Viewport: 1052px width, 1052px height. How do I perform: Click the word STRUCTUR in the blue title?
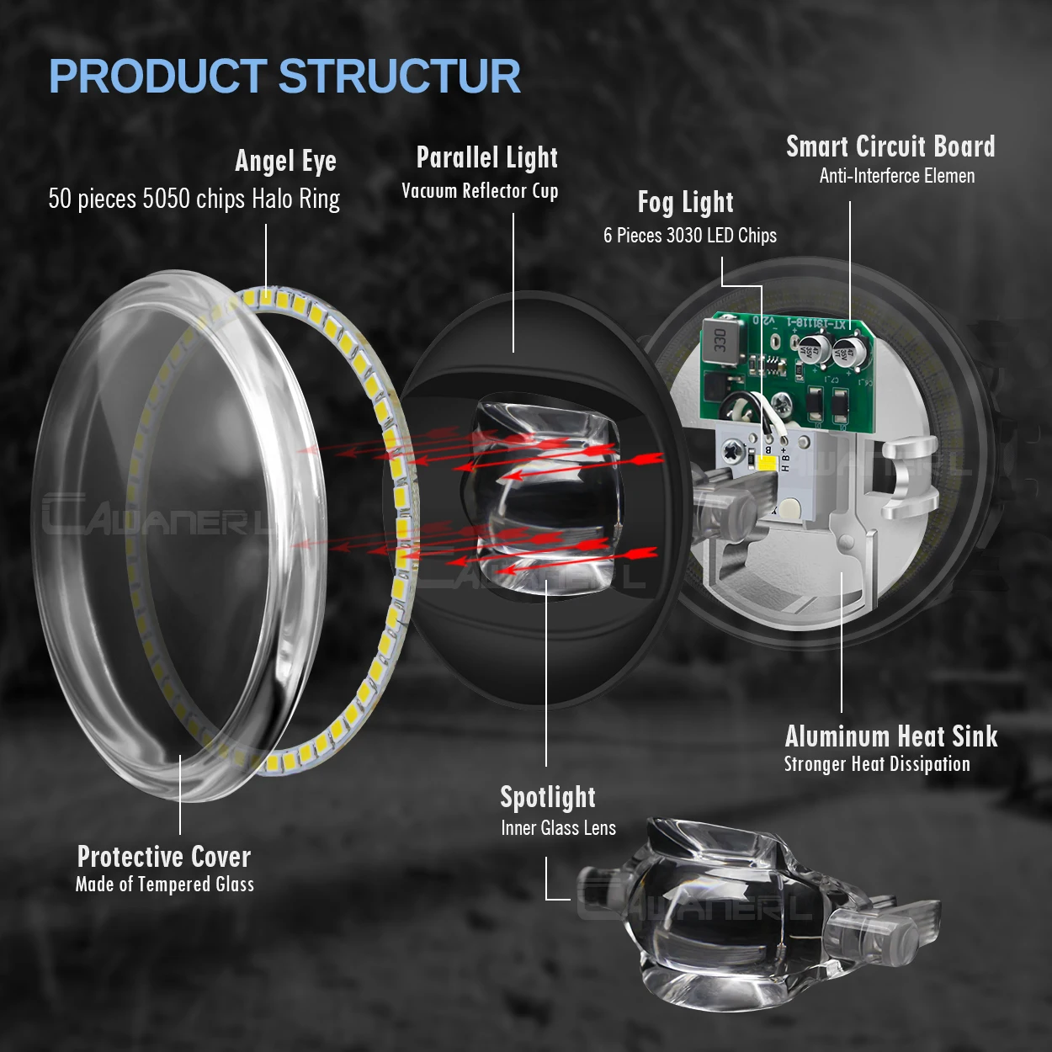[x=399, y=77]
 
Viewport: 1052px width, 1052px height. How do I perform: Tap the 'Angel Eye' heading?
[x=285, y=161]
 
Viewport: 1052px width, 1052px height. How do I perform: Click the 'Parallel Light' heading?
[x=486, y=157]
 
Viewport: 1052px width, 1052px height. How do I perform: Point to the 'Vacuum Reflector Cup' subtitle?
[x=480, y=191]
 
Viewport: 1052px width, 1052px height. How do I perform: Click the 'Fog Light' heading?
[x=685, y=203]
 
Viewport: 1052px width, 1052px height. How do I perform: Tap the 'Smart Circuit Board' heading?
[x=890, y=147]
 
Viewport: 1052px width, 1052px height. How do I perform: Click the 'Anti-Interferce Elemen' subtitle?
[x=897, y=176]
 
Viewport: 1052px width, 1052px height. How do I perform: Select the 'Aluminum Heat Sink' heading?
[x=890, y=737]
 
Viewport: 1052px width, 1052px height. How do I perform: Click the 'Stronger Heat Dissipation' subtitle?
[x=877, y=764]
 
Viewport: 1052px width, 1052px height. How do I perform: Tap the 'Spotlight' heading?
[x=548, y=797]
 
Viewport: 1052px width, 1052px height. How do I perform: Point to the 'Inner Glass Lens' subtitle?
[x=558, y=828]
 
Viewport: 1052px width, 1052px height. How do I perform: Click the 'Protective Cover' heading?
[x=164, y=857]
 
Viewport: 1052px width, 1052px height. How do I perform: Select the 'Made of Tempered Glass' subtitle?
[x=165, y=885]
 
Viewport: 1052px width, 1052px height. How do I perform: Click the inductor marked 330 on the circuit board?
[x=720, y=341]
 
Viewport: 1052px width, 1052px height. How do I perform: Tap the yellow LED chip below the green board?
[x=768, y=462]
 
